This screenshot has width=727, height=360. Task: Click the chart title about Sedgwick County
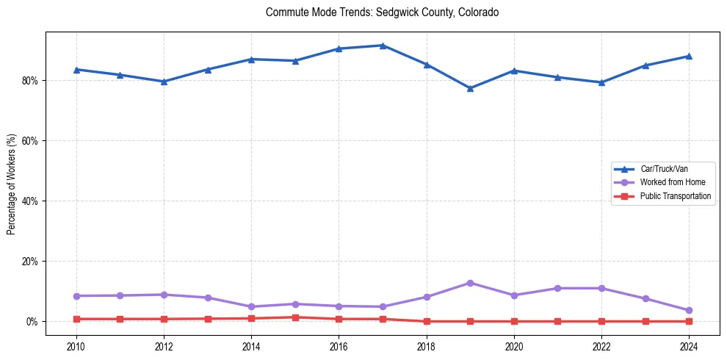point(383,12)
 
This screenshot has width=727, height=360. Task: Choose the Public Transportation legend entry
point(675,196)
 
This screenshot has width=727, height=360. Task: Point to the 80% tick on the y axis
point(31,80)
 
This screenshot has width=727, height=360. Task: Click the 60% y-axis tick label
point(31,140)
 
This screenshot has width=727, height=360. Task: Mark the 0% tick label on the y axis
point(33,321)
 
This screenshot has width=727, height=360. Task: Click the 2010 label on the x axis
point(76,346)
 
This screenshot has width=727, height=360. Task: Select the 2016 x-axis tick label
point(339,346)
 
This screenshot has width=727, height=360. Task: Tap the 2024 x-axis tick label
point(689,346)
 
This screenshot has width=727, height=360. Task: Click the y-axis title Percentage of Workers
point(12,184)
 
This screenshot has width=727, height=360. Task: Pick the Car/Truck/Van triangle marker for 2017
point(383,46)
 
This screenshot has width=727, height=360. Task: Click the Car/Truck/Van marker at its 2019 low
point(470,88)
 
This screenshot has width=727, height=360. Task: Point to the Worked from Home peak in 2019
point(470,283)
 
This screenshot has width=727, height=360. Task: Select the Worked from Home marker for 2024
point(689,310)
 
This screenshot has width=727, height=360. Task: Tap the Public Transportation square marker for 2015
point(295,317)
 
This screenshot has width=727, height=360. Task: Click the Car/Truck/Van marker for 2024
point(689,56)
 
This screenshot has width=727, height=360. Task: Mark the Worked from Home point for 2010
point(76,296)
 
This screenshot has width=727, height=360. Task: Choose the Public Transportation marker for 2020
point(514,321)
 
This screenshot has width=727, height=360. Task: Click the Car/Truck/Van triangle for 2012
point(164,82)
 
